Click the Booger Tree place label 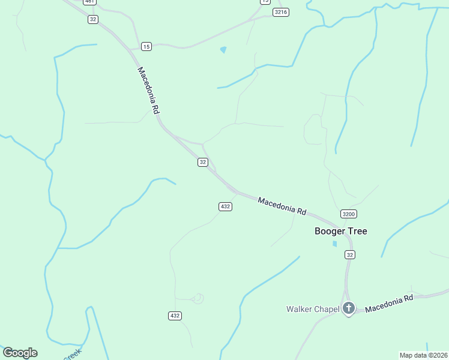pyautogui.click(x=341, y=231)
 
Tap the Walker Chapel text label pyautogui.click(x=312, y=309)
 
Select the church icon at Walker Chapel pyautogui.click(x=349, y=308)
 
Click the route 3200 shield pyautogui.click(x=348, y=214)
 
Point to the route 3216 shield pyautogui.click(x=280, y=12)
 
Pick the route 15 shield pyautogui.click(x=146, y=46)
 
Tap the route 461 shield pyautogui.click(x=89, y=2)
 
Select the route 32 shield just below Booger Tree pyautogui.click(x=350, y=255)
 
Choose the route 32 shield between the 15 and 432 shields pyautogui.click(x=203, y=162)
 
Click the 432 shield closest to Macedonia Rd pyautogui.click(x=225, y=206)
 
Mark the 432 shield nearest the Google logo pyautogui.click(x=175, y=316)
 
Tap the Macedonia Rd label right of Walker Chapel pyautogui.click(x=390, y=303)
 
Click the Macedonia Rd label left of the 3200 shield pyautogui.click(x=282, y=206)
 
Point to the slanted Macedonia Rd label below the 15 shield pyautogui.click(x=148, y=90)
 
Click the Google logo pyautogui.click(x=20, y=353)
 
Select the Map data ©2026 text pyautogui.click(x=423, y=355)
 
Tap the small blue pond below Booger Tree pyautogui.click(x=334, y=244)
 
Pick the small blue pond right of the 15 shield pyautogui.click(x=223, y=50)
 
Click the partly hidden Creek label pyautogui.click(x=72, y=355)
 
